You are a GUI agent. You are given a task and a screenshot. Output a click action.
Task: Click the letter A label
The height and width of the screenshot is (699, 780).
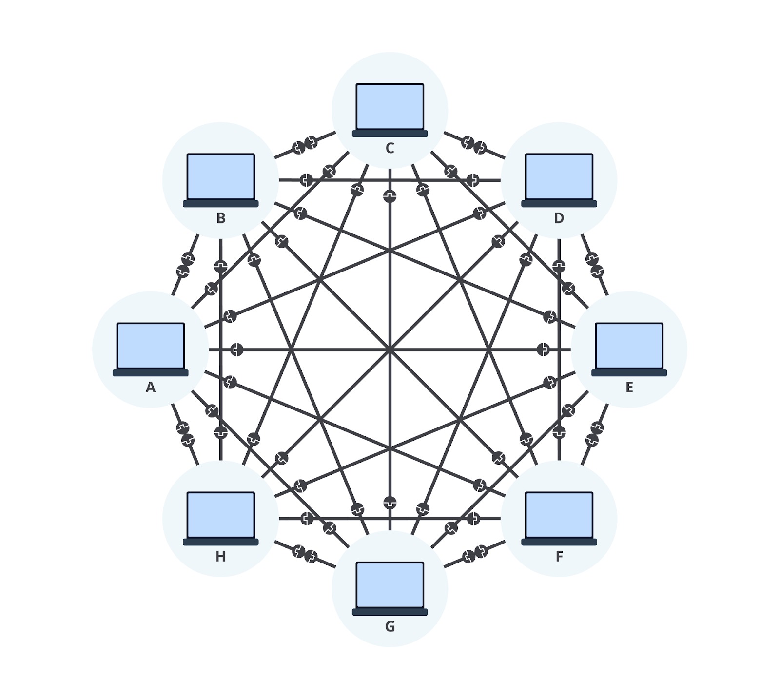click(x=151, y=387)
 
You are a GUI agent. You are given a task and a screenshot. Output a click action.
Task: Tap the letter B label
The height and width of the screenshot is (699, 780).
click(x=221, y=218)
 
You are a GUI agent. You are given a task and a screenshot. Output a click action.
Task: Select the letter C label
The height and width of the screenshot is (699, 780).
click(x=390, y=148)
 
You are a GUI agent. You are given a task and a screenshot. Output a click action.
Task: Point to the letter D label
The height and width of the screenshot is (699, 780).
click(x=559, y=218)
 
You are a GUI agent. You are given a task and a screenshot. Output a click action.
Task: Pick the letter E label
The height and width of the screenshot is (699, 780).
click(x=629, y=387)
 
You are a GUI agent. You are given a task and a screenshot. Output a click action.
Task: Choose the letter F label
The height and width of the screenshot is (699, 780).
click(x=559, y=556)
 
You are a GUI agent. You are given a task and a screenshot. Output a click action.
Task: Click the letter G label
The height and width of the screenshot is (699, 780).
click(x=390, y=626)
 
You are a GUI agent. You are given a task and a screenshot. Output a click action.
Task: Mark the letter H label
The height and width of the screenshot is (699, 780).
click(x=221, y=556)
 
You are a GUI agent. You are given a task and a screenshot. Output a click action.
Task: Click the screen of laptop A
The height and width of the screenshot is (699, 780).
click(x=151, y=346)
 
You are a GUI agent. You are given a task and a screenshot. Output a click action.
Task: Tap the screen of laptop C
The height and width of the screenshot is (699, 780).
click(x=390, y=106)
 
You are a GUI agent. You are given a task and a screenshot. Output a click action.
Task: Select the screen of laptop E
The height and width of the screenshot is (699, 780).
click(x=629, y=346)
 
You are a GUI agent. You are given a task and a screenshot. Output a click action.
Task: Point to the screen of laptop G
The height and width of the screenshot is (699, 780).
click(x=390, y=585)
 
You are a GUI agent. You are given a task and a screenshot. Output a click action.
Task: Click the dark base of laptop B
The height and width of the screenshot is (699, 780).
click(x=221, y=204)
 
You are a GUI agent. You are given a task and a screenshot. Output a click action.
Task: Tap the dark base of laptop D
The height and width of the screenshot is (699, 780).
click(x=559, y=204)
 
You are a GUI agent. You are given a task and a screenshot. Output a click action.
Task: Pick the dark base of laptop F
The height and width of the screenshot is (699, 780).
click(x=559, y=542)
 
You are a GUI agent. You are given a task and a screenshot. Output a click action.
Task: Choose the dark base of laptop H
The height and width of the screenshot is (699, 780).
click(x=221, y=542)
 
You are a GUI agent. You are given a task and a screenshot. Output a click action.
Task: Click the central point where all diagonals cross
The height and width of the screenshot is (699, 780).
click(x=390, y=349)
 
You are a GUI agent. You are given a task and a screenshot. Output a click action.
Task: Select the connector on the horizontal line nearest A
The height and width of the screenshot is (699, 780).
click(x=236, y=349)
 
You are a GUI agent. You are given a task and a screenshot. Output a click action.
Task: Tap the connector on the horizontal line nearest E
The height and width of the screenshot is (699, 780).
click(x=543, y=349)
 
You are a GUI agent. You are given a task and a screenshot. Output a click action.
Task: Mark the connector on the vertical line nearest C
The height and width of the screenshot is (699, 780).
click(x=390, y=196)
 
